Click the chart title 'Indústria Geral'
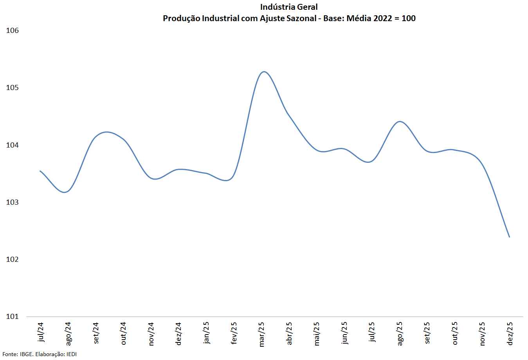[289, 7]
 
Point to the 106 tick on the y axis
[13, 31]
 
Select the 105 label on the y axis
[13, 88]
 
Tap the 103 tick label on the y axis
[13, 202]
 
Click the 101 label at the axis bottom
[13, 317]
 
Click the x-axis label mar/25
[261, 334]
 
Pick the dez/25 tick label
[510, 333]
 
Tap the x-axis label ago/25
[400, 334]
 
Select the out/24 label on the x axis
[123, 333]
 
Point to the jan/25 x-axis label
[206, 333]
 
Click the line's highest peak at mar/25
[264, 72]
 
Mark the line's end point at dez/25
[509, 237]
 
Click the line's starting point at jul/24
[40, 171]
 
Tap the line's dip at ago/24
[66, 192]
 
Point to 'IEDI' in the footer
[71, 354]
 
